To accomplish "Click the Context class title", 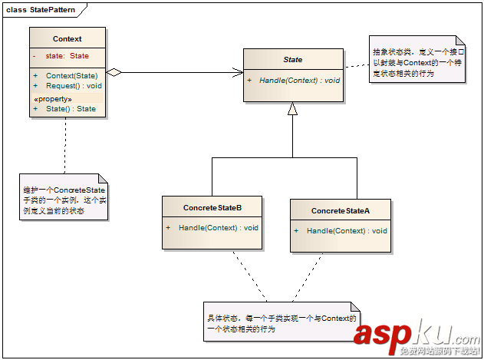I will point(67,38).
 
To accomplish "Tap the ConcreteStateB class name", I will point(212,207).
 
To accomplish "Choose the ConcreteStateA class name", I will point(341,210).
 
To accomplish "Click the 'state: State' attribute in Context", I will point(67,56).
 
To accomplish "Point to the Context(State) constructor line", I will point(71,75).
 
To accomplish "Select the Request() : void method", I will point(74,86).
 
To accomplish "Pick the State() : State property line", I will point(71,109).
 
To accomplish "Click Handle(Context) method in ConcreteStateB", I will point(218,228).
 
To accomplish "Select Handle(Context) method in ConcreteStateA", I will point(347,230).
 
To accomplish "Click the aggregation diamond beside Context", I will point(114,73).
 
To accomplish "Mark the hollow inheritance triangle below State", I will point(292,109).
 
